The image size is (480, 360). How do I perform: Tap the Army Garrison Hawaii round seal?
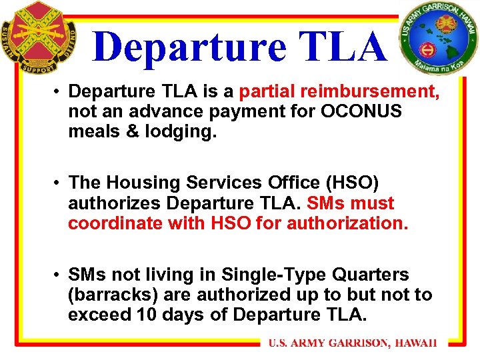coord(439,38)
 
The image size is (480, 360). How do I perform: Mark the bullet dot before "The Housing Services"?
coord(58,183)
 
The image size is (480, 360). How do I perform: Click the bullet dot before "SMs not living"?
coord(58,275)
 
